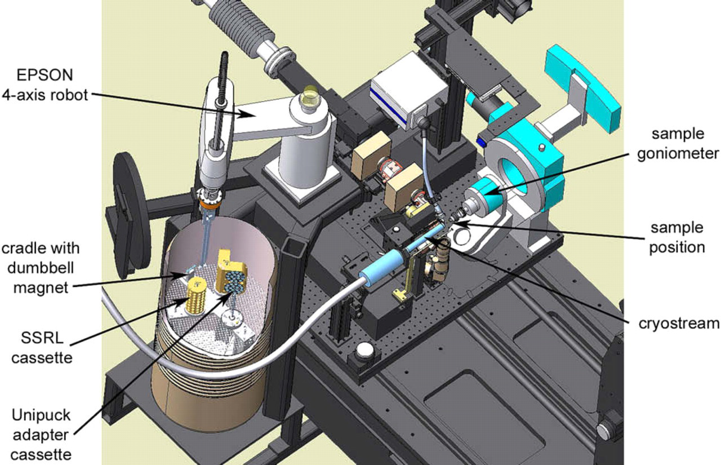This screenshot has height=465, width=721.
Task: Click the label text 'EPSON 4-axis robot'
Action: [x=45, y=85]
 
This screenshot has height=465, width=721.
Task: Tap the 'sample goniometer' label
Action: [x=678, y=144]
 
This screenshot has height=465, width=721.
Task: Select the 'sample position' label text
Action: [x=677, y=238]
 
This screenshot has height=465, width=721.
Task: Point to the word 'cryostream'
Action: [x=679, y=324]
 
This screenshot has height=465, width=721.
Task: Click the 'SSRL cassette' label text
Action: [x=42, y=348]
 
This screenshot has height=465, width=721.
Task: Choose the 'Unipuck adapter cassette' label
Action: [x=41, y=435]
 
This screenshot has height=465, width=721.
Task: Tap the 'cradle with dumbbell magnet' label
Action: [x=41, y=268]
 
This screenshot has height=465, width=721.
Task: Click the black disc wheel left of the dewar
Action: [x=131, y=216]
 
